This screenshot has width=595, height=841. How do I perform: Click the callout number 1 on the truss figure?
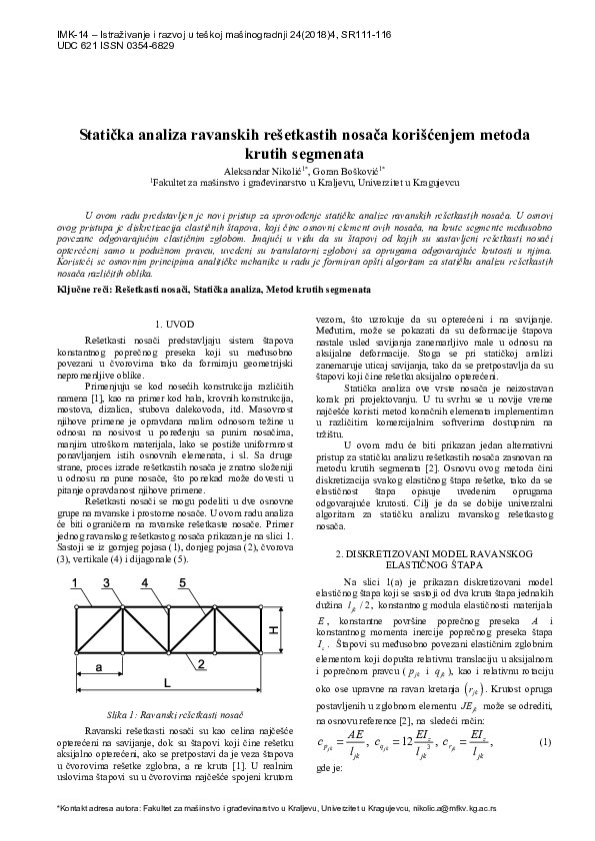point(77,583)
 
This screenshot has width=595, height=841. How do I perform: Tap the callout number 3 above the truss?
point(113,583)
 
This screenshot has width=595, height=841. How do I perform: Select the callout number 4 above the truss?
point(145,583)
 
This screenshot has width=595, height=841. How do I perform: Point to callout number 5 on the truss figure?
point(182,583)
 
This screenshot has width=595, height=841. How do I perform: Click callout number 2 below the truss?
point(201,662)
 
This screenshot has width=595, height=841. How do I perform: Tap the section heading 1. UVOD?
point(178,324)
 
